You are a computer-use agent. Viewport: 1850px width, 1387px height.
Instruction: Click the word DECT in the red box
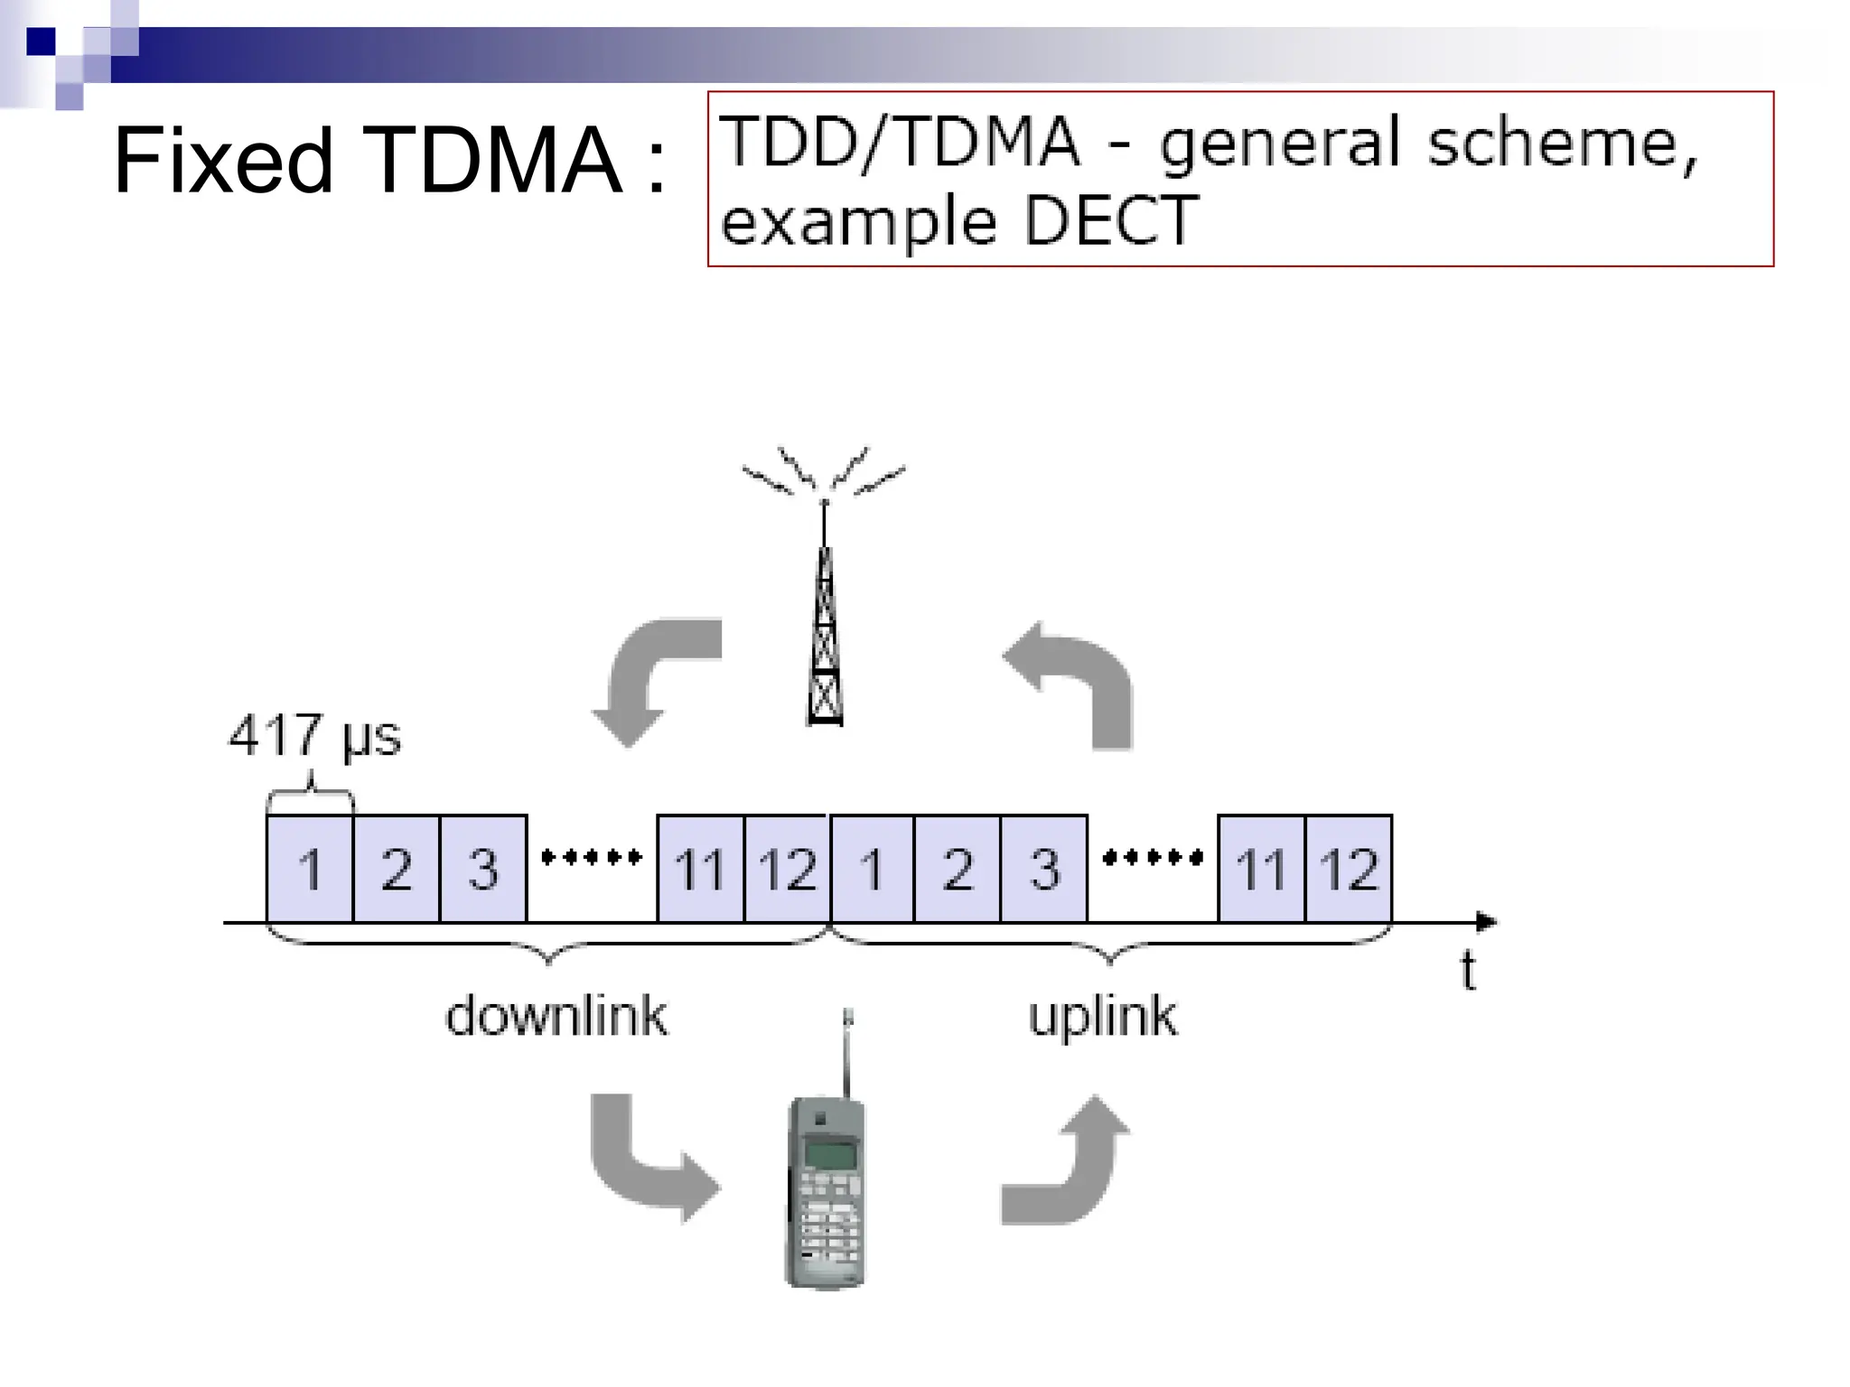1110,220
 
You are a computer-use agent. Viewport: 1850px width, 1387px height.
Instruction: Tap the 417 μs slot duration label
314,735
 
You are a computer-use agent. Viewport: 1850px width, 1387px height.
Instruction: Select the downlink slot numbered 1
310,869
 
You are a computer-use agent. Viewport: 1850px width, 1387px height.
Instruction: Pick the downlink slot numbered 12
787,869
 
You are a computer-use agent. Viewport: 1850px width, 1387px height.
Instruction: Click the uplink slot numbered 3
1044,869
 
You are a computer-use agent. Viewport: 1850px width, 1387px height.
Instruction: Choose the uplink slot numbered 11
1261,869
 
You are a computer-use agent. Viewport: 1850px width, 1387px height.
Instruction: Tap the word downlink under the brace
556,1016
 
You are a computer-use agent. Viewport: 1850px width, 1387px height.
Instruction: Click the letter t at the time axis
1469,971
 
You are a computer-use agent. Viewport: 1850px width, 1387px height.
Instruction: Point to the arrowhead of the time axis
1485,922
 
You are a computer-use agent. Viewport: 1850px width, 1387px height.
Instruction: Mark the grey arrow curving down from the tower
650,677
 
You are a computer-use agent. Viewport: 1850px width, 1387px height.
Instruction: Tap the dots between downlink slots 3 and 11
592,857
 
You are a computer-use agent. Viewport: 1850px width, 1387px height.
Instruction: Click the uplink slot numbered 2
958,869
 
